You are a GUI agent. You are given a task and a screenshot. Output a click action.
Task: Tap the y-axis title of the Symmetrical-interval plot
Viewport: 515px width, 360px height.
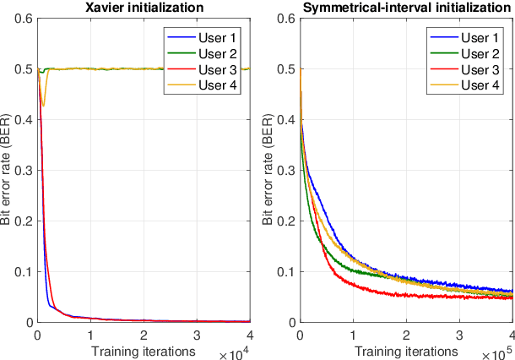click(269, 171)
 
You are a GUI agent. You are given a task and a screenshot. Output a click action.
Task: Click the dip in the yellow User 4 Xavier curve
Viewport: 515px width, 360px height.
click(43, 105)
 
